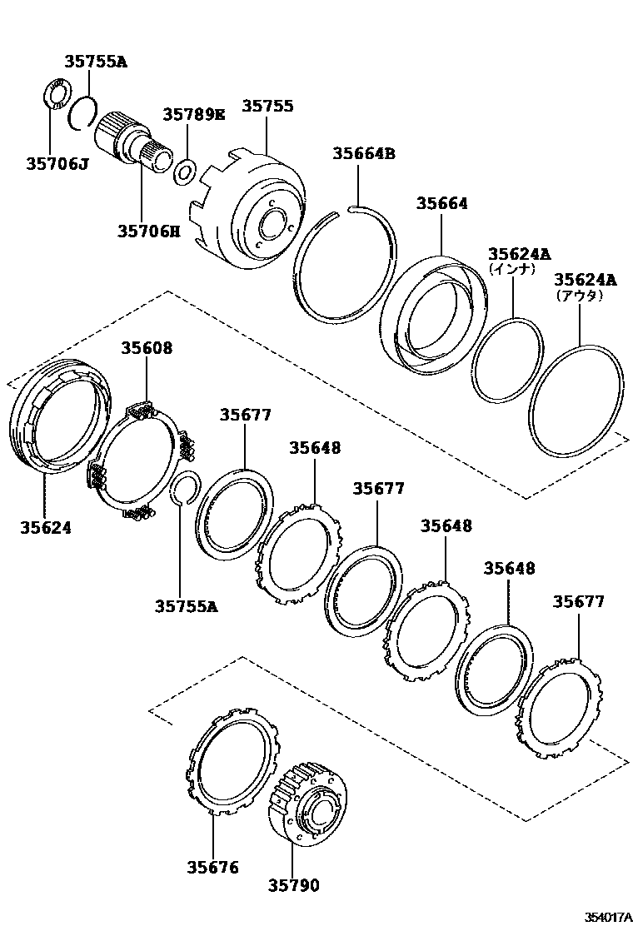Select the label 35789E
(x=193, y=114)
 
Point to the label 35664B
(x=363, y=153)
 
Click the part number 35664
(x=442, y=204)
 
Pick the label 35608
(x=147, y=348)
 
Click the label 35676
(x=212, y=868)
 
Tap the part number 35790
(x=293, y=886)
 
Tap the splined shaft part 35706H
(x=133, y=145)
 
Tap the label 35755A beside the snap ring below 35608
(x=185, y=606)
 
